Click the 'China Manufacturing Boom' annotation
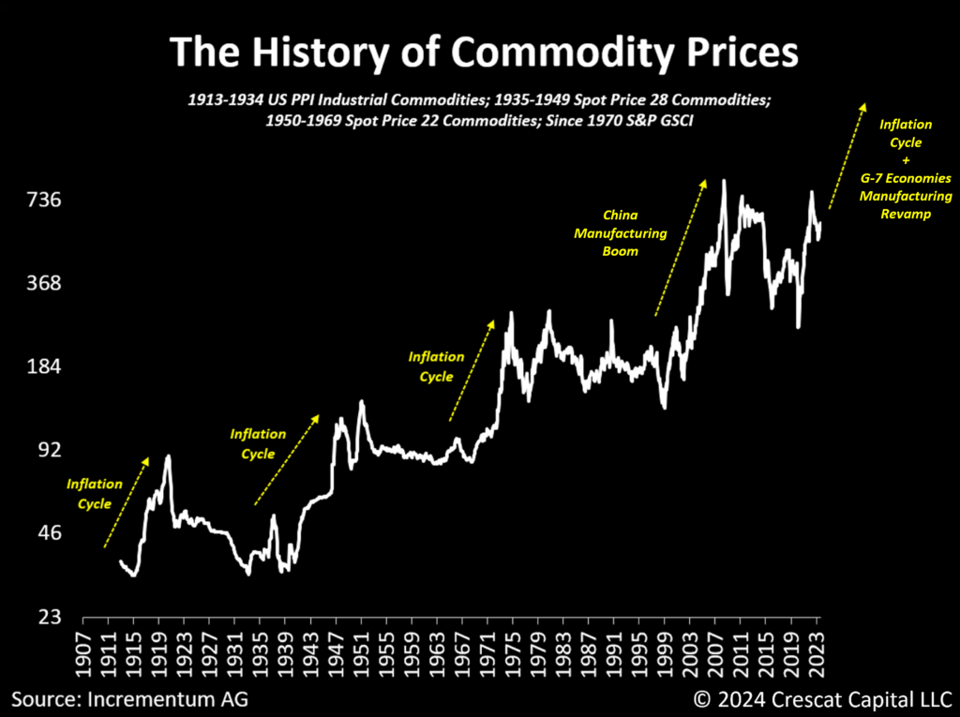pyautogui.click(x=620, y=232)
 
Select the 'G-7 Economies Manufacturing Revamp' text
pyautogui.click(x=906, y=196)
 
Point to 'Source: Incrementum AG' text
pyautogui.click(x=130, y=698)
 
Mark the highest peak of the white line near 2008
pyautogui.click(x=724, y=180)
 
